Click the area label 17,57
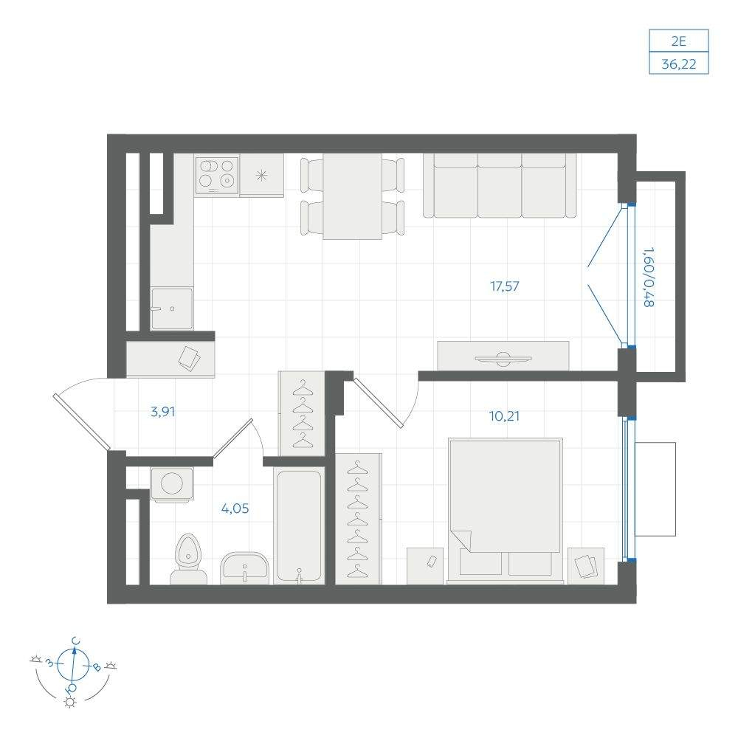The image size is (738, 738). click(505, 286)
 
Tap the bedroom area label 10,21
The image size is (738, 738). click(504, 416)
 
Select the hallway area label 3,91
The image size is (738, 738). click(162, 412)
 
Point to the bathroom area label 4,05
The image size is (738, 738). click(235, 508)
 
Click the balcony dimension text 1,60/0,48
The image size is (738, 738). click(649, 277)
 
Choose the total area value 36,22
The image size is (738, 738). click(679, 63)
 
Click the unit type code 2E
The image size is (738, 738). click(679, 41)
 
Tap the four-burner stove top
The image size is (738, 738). click(216, 175)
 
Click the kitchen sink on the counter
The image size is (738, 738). click(172, 308)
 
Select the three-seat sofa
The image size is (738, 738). click(500, 185)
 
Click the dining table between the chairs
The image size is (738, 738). click(353, 196)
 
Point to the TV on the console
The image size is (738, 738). click(503, 359)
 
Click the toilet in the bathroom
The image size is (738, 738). click(188, 559)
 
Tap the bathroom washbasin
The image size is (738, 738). click(244, 568)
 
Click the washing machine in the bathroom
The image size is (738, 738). click(172, 484)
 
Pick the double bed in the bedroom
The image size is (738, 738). click(505, 510)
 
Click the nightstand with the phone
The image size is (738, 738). click(425, 566)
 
